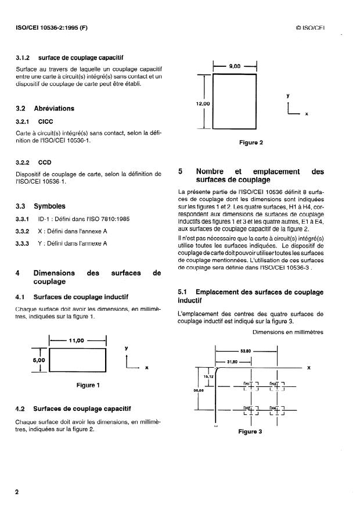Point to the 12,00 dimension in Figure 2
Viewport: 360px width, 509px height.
(x=204, y=103)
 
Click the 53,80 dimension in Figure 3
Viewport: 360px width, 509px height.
(x=247, y=351)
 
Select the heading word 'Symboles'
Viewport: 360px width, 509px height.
(x=49, y=206)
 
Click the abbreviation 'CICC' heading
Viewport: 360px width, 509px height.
(x=45, y=121)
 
